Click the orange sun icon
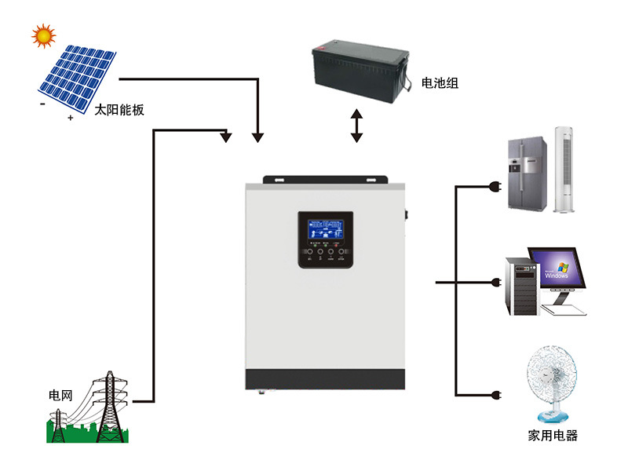pos(44,35)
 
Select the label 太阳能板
pos(119,111)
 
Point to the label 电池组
pos(440,82)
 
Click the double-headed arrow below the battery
pos(357,126)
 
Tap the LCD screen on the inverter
pos(325,229)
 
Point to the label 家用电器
pos(553,436)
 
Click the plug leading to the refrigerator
pos(495,187)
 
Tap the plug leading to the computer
pos(495,283)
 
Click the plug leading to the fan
pos(495,394)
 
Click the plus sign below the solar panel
pos(71,118)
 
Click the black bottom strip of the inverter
pos(326,381)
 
